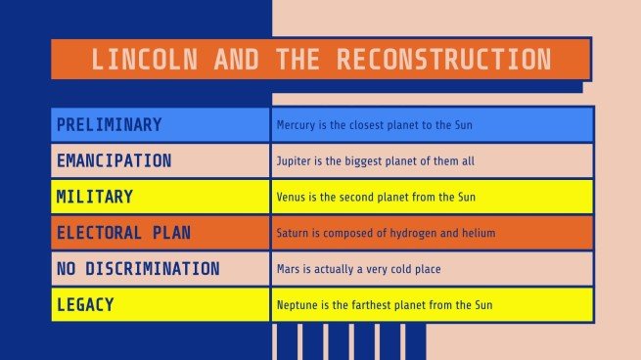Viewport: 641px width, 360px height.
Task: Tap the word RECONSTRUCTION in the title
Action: (443, 59)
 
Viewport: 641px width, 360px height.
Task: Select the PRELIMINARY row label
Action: (109, 125)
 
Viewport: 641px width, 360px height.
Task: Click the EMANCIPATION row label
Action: (114, 160)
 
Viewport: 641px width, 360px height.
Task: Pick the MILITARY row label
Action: (94, 197)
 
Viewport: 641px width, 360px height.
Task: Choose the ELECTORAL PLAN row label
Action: (123, 233)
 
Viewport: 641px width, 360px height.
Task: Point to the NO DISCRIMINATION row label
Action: (138, 269)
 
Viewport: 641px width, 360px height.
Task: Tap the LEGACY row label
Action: (85, 305)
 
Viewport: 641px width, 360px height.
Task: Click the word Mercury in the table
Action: (297, 126)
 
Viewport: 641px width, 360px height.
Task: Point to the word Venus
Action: (291, 198)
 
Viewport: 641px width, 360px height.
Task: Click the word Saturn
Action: (293, 234)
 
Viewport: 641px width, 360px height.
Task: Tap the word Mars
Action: (288, 269)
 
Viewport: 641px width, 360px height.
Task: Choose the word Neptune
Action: (297, 305)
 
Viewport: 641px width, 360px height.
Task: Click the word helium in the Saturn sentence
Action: (480, 234)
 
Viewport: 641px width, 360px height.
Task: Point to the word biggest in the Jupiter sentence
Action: (378, 161)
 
